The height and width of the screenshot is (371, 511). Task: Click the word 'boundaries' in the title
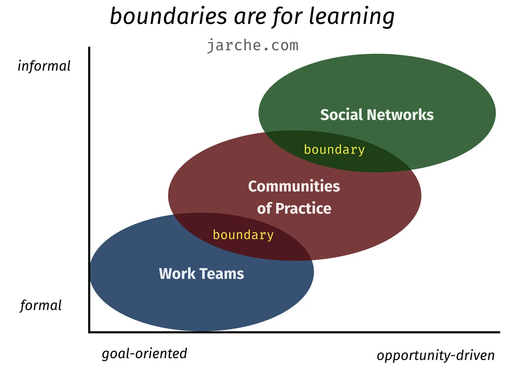click(x=168, y=16)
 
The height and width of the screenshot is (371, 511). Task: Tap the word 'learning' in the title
click(x=352, y=17)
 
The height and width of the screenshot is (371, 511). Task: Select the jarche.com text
click(x=253, y=46)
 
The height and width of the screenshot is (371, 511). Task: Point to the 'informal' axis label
click(x=44, y=66)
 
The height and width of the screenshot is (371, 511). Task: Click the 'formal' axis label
click(x=41, y=305)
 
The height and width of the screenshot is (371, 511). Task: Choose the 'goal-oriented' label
click(x=145, y=354)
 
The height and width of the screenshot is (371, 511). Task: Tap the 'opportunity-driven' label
click(x=436, y=356)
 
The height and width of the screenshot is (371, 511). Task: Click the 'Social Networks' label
click(x=377, y=114)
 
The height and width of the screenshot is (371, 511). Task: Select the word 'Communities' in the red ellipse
click(x=294, y=186)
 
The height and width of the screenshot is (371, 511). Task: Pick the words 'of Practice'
click(x=294, y=208)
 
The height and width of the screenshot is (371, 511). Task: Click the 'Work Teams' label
click(x=201, y=273)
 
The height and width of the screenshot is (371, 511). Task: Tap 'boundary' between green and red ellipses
click(x=334, y=150)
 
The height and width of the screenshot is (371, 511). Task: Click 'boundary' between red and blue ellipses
click(x=243, y=235)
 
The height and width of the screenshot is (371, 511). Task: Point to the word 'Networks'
click(x=400, y=114)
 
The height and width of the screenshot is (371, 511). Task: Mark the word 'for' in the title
click(x=288, y=17)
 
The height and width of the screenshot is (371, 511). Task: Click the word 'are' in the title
click(x=250, y=18)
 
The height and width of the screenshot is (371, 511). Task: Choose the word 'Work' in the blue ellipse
click(x=177, y=273)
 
